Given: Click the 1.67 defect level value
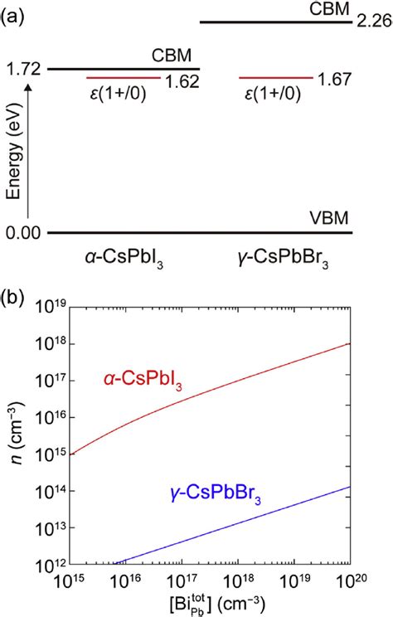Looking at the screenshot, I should pos(336,80).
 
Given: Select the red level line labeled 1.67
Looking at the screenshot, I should pos(276,77).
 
